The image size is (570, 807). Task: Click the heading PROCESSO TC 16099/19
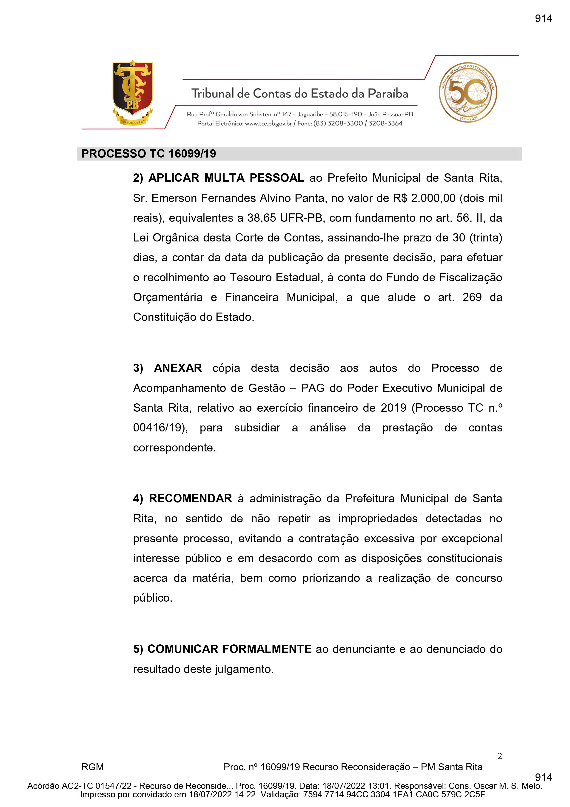point(148,154)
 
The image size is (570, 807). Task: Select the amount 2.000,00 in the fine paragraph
point(433,198)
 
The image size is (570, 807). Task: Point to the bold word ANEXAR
point(178,368)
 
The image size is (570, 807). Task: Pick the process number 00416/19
point(159,428)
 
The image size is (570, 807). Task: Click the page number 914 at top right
point(543,19)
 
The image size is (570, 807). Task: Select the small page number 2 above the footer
point(500,756)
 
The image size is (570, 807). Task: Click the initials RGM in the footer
point(92,767)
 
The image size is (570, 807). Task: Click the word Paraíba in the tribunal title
point(388,94)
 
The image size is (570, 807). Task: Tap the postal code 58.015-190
point(345,114)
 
